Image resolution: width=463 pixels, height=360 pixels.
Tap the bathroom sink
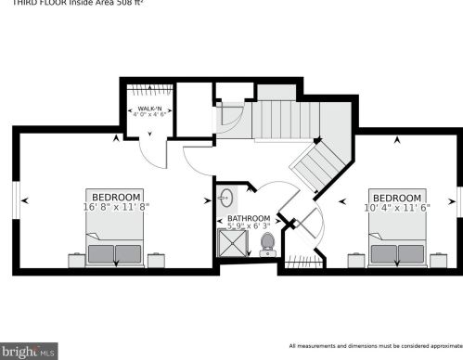[226, 199]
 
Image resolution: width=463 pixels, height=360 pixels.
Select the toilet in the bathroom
[268, 243]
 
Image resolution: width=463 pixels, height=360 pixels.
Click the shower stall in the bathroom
[228, 244]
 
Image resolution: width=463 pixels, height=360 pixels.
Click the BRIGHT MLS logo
[31, 351]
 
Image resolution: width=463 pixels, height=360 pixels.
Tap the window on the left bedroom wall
[15, 199]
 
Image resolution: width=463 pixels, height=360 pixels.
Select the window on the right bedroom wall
[457, 199]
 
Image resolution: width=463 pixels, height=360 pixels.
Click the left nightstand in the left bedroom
[73, 259]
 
